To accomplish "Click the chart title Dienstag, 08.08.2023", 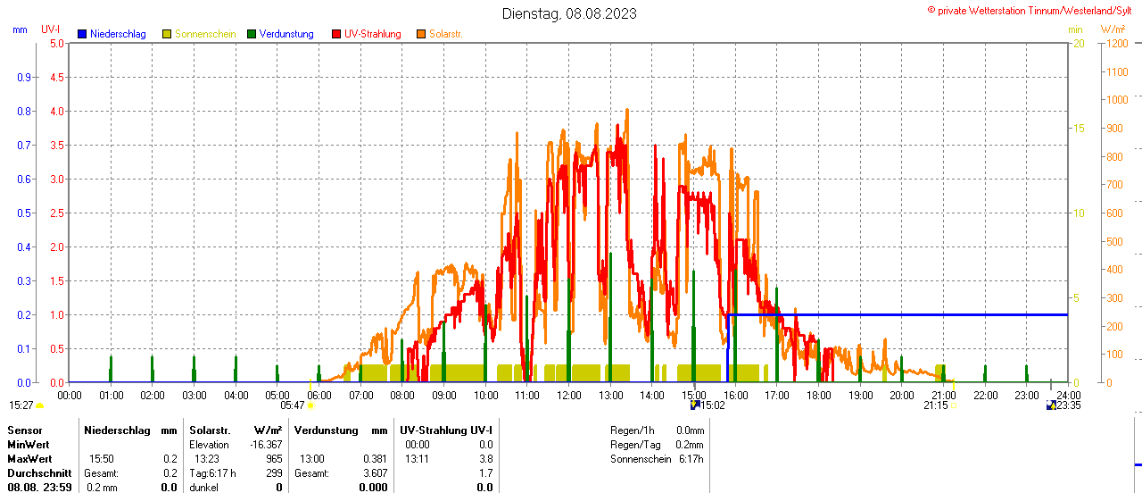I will [x=570, y=13].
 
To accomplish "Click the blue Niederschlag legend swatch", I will [x=82, y=34].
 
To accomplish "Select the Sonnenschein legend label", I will [x=205, y=34].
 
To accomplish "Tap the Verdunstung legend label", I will [x=286, y=34].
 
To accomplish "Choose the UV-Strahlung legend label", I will [x=372, y=34].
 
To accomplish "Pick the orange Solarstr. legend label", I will [x=446, y=34].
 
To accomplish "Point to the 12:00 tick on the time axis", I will [x=569, y=395].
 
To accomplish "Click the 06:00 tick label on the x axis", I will [x=319, y=395].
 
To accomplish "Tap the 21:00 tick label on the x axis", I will [x=943, y=395].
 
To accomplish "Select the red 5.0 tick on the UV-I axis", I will [x=56, y=43].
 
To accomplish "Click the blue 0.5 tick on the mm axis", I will [x=25, y=213].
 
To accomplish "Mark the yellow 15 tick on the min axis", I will [x=1078, y=129].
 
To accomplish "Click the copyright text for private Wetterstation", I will [x=1032, y=10].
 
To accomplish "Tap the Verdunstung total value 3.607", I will [x=374, y=473].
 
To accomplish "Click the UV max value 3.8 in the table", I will [x=485, y=459].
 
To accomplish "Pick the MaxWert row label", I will [x=29, y=459].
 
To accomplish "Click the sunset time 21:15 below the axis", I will [x=936, y=405].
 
